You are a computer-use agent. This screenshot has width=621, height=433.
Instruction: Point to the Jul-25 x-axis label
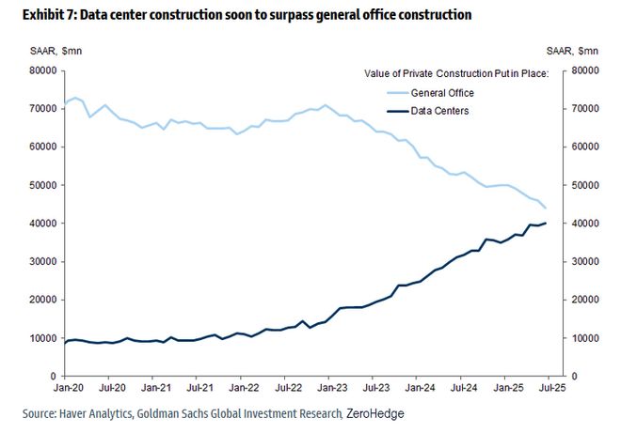click(549, 386)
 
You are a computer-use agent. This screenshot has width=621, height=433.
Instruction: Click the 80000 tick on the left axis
click(41, 70)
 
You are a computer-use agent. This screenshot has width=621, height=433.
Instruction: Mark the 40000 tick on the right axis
click(586, 224)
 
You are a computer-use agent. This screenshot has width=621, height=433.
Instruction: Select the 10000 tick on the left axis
click(41, 338)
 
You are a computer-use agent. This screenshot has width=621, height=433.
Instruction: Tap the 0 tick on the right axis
click(573, 377)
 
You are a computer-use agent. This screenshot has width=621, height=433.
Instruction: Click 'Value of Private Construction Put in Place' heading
click(452, 73)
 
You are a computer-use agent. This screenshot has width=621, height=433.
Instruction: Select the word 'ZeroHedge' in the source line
click(375, 413)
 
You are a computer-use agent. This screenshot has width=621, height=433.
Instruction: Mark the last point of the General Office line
click(547, 208)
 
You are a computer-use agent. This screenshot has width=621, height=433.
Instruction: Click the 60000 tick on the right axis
click(586, 147)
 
